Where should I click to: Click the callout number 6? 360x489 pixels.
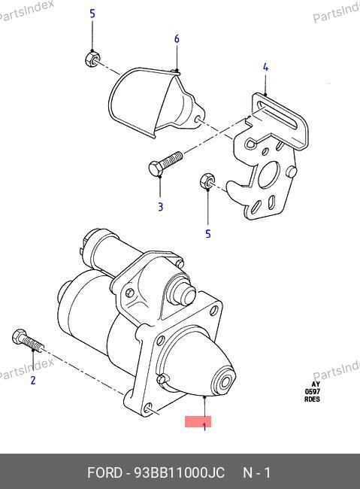click(x=177, y=39)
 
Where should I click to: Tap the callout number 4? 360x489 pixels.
click(x=265, y=67)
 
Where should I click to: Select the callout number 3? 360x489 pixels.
click(x=161, y=207)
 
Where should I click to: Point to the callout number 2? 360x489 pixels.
click(x=33, y=380)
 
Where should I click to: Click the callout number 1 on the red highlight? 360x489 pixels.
click(x=204, y=427)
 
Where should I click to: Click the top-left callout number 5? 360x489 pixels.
click(x=92, y=14)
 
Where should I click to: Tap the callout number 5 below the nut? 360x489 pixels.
click(x=208, y=234)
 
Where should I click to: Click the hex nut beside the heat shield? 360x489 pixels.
click(x=92, y=59)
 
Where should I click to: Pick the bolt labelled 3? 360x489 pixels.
click(x=165, y=163)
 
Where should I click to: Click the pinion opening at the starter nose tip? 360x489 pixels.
click(x=225, y=381)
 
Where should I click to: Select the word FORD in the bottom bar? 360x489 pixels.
click(x=104, y=472)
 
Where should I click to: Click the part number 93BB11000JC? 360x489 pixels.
click(x=179, y=472)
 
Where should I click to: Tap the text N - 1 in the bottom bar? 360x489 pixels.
click(x=257, y=472)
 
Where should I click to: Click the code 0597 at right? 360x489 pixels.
click(x=312, y=392)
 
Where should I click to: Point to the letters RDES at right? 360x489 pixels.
click(x=312, y=399)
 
